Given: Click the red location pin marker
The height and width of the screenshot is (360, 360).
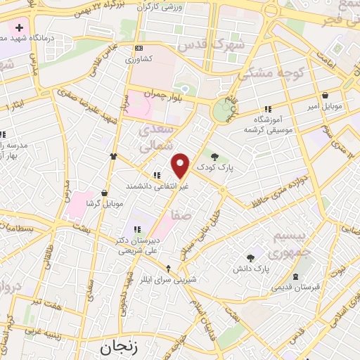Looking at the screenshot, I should pyautogui.click(x=181, y=166).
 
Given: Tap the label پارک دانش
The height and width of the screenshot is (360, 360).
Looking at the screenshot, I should pyautogui.click(x=252, y=269).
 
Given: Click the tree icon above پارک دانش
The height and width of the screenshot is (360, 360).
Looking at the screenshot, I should pyautogui.click(x=250, y=257).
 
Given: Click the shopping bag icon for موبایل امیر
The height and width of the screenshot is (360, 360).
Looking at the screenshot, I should pyautogui.click(x=325, y=94).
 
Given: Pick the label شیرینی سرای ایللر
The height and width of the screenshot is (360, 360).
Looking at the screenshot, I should pyautogui.click(x=168, y=279).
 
